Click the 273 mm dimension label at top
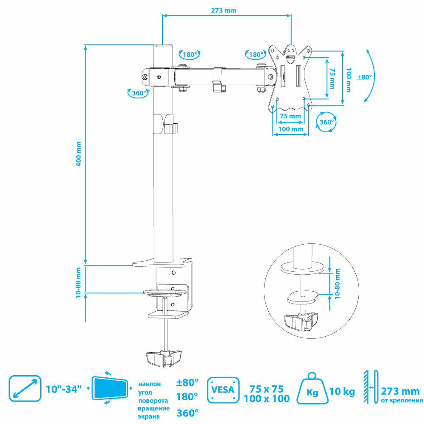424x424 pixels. click(224, 11)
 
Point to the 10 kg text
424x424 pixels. click(342, 391)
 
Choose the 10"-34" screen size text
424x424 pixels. click(64, 389)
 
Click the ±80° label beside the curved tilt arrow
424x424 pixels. click(365, 77)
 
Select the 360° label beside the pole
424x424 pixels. click(139, 93)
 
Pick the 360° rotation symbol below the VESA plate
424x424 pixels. click(326, 122)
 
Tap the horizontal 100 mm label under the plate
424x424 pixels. click(290, 129)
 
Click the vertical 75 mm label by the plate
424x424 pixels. click(332, 77)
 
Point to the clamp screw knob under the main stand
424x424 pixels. click(165, 358)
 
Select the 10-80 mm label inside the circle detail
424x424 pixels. click(338, 284)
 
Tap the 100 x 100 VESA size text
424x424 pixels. click(267, 399)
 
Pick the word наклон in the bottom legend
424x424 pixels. click(149, 384)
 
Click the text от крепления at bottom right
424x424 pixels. click(401, 400)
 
